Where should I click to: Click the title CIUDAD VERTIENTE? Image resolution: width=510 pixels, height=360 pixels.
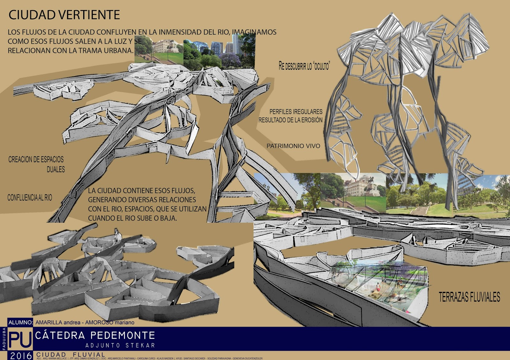click(64, 15)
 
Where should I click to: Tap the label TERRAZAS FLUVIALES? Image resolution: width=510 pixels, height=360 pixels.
click(469, 297)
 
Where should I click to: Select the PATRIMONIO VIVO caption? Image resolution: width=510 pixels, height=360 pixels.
click(293, 146)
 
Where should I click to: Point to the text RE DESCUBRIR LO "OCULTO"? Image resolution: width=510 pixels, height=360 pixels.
click(304, 66)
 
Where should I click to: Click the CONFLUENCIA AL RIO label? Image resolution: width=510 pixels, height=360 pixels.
click(30, 198)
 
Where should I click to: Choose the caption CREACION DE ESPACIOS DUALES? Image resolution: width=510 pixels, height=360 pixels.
click(36, 164)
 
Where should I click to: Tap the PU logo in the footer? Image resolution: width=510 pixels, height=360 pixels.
click(20, 340)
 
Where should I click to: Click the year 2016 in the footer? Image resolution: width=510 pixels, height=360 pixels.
click(21, 356)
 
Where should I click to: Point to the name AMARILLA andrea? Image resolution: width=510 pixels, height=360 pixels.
click(58, 322)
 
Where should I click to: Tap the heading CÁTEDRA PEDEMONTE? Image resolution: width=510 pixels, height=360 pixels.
click(95, 335)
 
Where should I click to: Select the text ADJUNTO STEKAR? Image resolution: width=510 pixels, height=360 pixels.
click(120, 345)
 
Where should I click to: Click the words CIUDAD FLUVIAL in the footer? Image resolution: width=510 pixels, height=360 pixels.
click(70, 355)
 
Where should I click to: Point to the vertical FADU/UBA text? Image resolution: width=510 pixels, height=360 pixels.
click(4, 339)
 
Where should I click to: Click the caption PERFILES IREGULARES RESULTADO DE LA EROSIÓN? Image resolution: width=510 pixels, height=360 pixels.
click(290, 116)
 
